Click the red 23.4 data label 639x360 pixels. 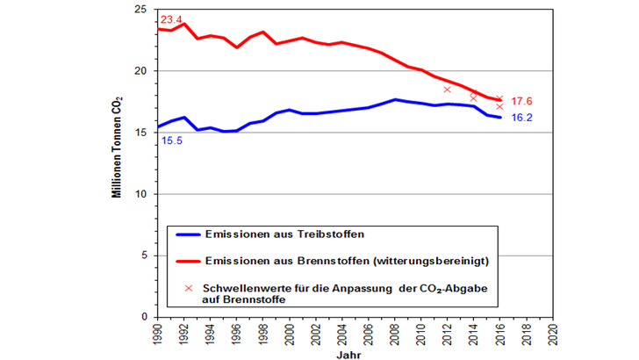(170, 18)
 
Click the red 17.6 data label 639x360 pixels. (522, 101)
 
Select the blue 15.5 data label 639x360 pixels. (170, 140)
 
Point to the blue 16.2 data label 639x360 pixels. (522, 117)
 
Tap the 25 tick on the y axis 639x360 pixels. (141, 10)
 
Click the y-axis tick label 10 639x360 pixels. (141, 194)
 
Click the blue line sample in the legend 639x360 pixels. (187, 234)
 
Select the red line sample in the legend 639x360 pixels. (187, 261)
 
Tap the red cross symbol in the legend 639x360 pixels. (188, 288)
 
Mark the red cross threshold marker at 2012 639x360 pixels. (447, 89)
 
